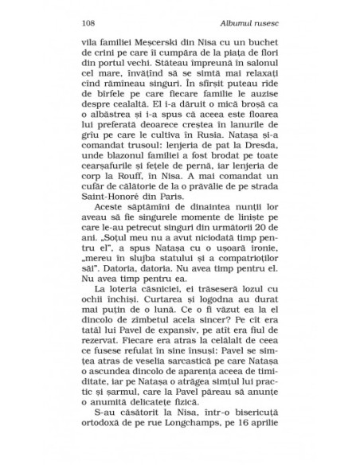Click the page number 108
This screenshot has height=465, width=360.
(88, 22)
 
